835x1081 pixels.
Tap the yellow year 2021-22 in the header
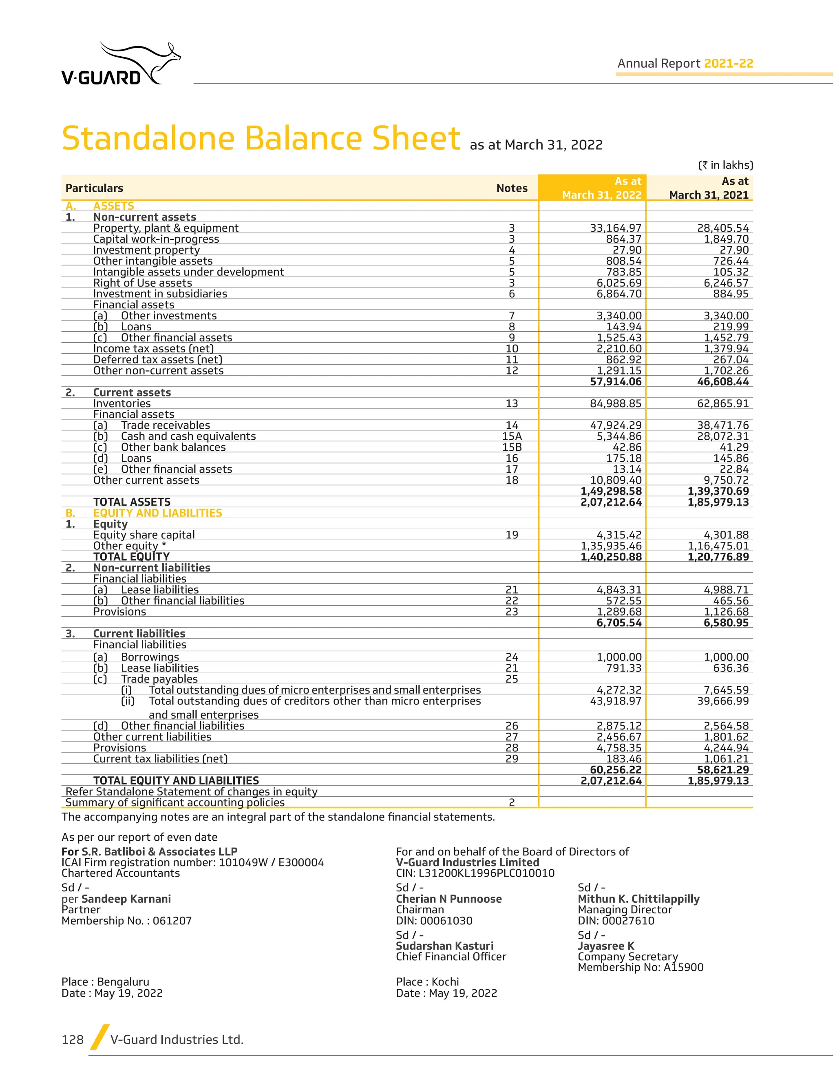[x=728, y=63]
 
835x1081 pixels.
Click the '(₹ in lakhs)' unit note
[x=725, y=165]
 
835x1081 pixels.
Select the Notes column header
[x=512, y=188]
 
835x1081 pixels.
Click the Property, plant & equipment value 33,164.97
[x=615, y=228]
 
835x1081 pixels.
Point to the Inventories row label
[x=121, y=403]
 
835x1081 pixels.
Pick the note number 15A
[x=512, y=436]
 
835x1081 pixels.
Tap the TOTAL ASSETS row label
[x=132, y=502]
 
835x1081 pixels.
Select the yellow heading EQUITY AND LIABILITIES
[x=157, y=513]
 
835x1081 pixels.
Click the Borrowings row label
[x=150, y=657]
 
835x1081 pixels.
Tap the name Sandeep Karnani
[x=126, y=899]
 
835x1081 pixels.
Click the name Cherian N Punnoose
[x=448, y=899]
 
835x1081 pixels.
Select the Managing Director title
[x=625, y=910]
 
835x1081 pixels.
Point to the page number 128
[x=73, y=1039]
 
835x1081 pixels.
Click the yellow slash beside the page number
[x=99, y=1037]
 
